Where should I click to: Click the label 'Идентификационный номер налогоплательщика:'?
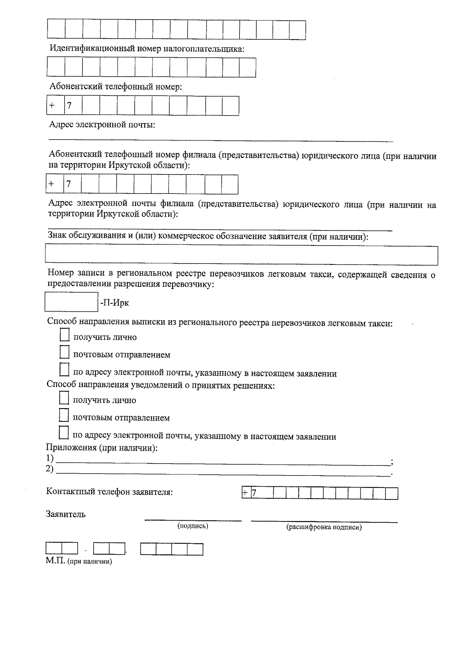pos(147,49)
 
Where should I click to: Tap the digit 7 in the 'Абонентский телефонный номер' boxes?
pos(69,106)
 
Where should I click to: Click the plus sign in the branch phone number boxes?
pos(51,184)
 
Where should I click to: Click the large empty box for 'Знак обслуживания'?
pos(241,256)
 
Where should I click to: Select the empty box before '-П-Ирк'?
pos(71,302)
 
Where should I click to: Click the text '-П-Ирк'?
pos(114,303)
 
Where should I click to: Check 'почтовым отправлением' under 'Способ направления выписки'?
pos(65,352)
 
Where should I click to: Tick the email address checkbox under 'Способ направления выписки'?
pos(65,370)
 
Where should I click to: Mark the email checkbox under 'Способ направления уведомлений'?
pos(64,433)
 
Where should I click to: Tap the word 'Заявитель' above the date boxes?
pos(66,514)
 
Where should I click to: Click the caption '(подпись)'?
pos(192,526)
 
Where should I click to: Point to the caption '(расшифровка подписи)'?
pos(324,527)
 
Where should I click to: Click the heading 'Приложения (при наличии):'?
pos(102,448)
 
